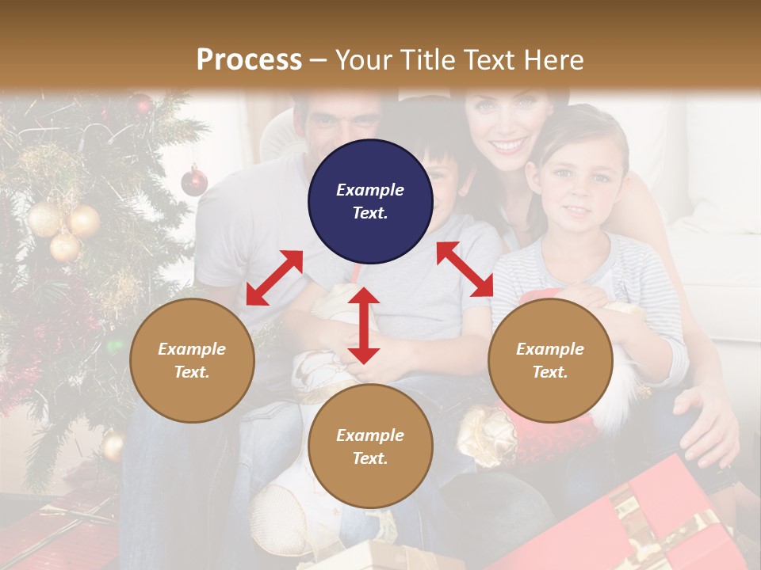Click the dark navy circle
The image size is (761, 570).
370,202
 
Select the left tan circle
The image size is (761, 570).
192,360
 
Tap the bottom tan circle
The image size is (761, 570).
370,446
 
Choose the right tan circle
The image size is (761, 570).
550,360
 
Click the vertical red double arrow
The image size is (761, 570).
364,325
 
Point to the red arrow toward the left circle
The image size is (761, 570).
274,277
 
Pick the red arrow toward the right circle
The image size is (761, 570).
465,269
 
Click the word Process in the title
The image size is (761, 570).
249,59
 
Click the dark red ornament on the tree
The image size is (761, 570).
194,181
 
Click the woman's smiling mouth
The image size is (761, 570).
509,146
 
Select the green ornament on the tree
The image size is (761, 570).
115,346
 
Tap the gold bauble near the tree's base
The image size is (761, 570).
113,446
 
